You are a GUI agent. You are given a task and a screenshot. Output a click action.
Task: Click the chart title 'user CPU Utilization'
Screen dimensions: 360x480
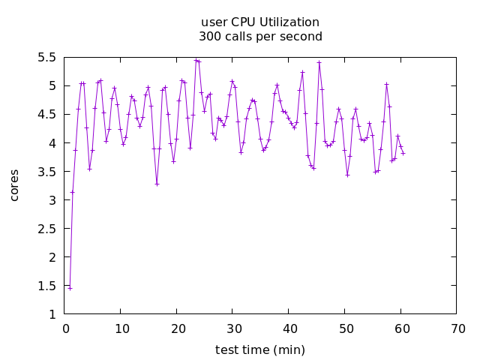tap(260, 22)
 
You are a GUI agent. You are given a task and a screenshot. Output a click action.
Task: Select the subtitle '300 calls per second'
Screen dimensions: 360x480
tap(260, 36)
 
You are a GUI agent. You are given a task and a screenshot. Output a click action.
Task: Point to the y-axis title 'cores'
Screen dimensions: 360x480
tap(15, 184)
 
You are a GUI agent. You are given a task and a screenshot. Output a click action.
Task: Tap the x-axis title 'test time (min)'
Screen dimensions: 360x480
tap(260, 349)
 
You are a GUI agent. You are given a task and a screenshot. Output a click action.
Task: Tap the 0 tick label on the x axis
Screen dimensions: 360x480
tap(66, 328)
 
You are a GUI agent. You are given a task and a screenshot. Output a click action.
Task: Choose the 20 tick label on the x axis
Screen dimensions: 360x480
tap(177, 328)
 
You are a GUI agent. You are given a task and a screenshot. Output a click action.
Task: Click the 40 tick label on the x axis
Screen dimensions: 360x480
tap(289, 328)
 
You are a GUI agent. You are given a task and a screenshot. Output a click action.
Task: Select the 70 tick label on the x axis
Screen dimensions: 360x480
tap(457, 328)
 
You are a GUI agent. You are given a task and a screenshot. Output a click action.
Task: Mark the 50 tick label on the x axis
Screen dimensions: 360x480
tap(345, 328)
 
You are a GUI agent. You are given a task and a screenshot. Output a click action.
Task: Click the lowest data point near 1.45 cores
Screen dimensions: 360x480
tap(70, 288)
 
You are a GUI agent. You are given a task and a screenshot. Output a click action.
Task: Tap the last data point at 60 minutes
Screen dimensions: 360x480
tap(403, 153)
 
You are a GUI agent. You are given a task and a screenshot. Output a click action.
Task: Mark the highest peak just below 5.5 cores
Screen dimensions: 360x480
tap(196, 59)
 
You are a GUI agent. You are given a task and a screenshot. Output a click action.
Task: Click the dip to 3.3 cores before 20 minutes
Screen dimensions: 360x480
tap(157, 184)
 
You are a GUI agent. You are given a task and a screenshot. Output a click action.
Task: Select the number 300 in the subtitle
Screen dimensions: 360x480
tap(209, 36)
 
